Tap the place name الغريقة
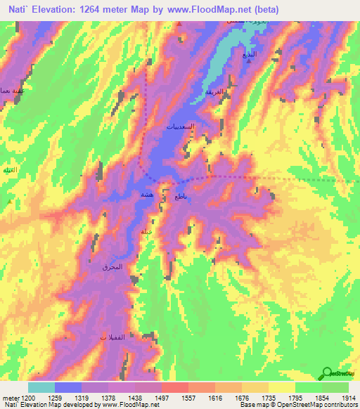[214, 93]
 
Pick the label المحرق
[112, 267]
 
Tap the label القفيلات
[112, 338]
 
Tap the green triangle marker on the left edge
[8, 202]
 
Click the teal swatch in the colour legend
[41, 387]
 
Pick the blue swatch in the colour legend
[68, 387]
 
